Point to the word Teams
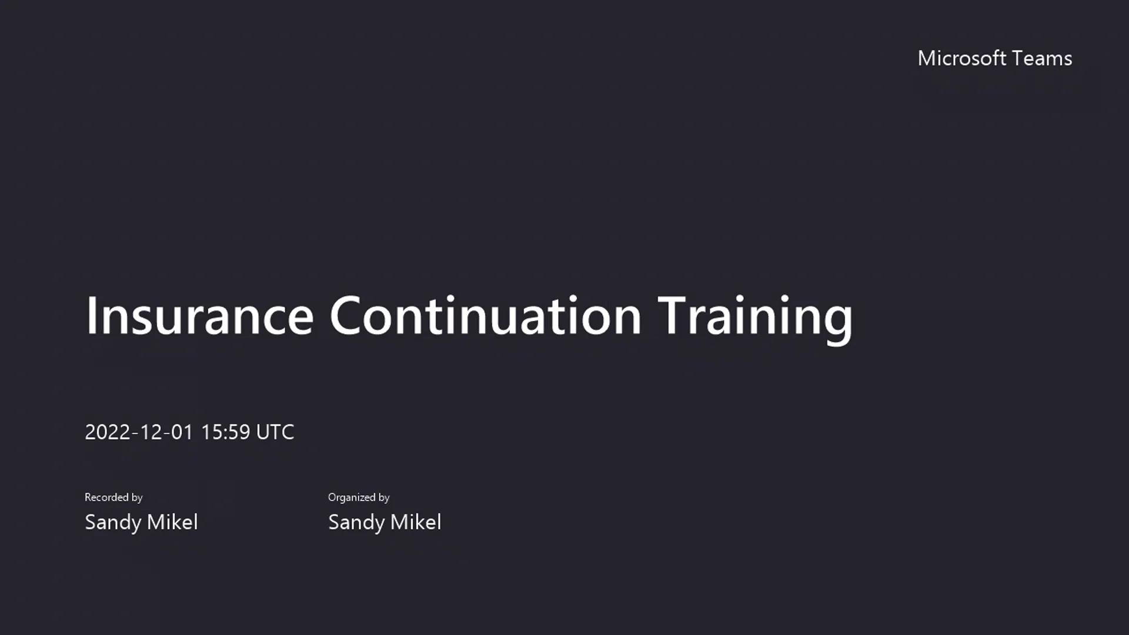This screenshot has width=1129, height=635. [x=1043, y=58]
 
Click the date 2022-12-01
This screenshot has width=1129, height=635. [x=139, y=432]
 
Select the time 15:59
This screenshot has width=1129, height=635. [x=226, y=432]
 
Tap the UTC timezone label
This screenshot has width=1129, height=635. [x=275, y=432]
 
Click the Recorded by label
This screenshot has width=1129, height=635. [x=113, y=497]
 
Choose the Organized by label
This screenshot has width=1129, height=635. [x=359, y=497]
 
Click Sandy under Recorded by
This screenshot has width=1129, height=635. [x=113, y=522]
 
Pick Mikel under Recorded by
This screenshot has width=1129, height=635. [x=172, y=522]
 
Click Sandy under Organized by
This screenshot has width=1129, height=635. [x=356, y=522]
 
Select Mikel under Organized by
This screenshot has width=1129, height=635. [x=416, y=522]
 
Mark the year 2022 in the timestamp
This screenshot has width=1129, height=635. [x=108, y=432]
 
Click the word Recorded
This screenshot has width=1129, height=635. [x=106, y=497]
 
